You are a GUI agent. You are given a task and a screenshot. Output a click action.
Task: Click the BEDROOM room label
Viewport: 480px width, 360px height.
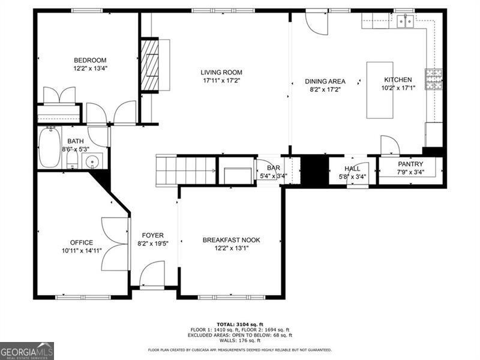tap(90, 60)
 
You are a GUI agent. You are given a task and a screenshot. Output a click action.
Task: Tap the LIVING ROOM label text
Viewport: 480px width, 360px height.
tap(221, 73)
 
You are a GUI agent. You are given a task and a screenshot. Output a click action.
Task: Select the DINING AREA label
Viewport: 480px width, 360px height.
tap(325, 81)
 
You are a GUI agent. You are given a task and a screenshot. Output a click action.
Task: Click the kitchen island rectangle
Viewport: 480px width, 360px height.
tap(380, 90)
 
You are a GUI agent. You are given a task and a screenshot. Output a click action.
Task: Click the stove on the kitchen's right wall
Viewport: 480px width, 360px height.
tap(434, 79)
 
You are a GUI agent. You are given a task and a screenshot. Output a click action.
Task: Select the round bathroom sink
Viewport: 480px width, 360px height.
tap(92, 161)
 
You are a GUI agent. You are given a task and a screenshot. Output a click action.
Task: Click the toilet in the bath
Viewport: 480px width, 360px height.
tap(71, 160)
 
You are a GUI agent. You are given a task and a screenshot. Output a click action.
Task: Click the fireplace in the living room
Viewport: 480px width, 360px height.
tap(150, 65)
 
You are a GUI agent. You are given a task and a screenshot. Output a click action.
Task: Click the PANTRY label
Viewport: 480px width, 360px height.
tap(410, 164)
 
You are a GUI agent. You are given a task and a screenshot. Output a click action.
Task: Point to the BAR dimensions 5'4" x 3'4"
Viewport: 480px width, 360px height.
tap(273, 176)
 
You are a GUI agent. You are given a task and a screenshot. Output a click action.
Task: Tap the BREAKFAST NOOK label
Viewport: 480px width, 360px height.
tap(231, 240)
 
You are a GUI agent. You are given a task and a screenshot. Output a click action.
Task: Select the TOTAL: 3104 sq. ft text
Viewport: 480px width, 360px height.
tap(240, 323)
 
